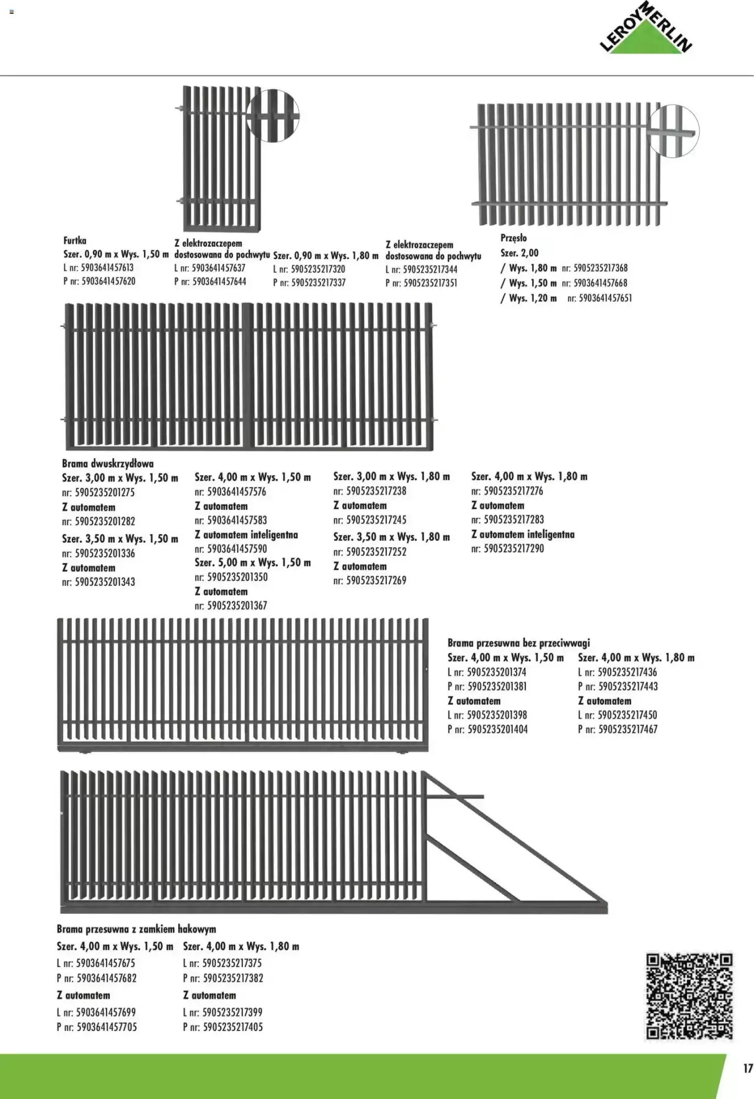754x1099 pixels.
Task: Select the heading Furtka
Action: pyautogui.click(x=75, y=241)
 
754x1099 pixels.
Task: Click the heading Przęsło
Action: pyautogui.click(x=513, y=238)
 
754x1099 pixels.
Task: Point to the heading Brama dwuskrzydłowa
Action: pyautogui.click(x=108, y=463)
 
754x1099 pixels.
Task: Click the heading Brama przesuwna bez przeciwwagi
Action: pyautogui.click(x=518, y=642)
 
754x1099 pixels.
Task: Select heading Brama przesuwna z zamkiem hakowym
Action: pyautogui.click(x=136, y=929)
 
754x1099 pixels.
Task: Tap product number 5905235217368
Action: pyautogui.click(x=600, y=268)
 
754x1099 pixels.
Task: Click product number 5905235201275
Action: pyautogui.click(x=104, y=492)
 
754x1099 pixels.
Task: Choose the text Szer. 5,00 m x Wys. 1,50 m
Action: pyautogui.click(x=253, y=563)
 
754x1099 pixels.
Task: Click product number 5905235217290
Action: pyautogui.click(x=513, y=548)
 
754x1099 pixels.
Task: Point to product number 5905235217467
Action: pyautogui.click(x=627, y=730)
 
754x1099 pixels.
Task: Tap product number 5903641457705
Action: pyautogui.click(x=107, y=1026)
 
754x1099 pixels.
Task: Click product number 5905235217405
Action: pyautogui.click(x=232, y=1026)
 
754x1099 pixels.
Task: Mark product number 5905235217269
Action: pyautogui.click(x=376, y=580)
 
